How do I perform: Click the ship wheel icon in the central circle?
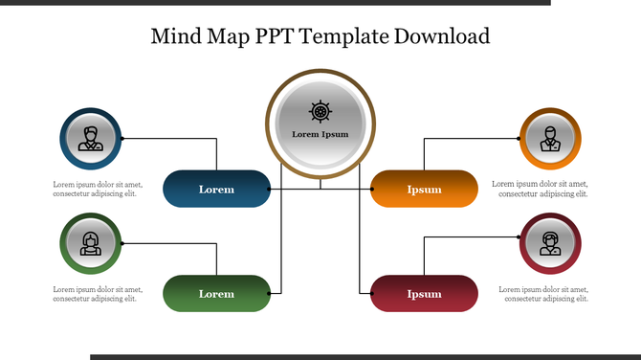(x=320, y=110)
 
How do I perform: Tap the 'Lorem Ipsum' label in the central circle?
(x=320, y=134)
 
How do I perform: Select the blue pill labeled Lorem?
(x=216, y=189)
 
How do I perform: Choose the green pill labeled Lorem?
(x=216, y=293)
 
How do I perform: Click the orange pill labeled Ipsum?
(x=424, y=189)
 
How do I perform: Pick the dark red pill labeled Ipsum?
(x=424, y=293)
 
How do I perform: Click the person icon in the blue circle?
(x=91, y=139)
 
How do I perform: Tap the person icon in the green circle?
(x=91, y=244)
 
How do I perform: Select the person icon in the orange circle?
(x=550, y=139)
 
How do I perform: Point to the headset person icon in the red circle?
(x=550, y=244)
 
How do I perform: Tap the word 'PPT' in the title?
(x=276, y=36)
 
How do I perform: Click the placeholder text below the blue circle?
(x=98, y=189)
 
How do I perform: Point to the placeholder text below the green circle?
(x=98, y=294)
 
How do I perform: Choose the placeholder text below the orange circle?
(x=540, y=189)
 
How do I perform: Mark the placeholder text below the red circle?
(x=540, y=294)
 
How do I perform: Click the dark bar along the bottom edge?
(x=364, y=357)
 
